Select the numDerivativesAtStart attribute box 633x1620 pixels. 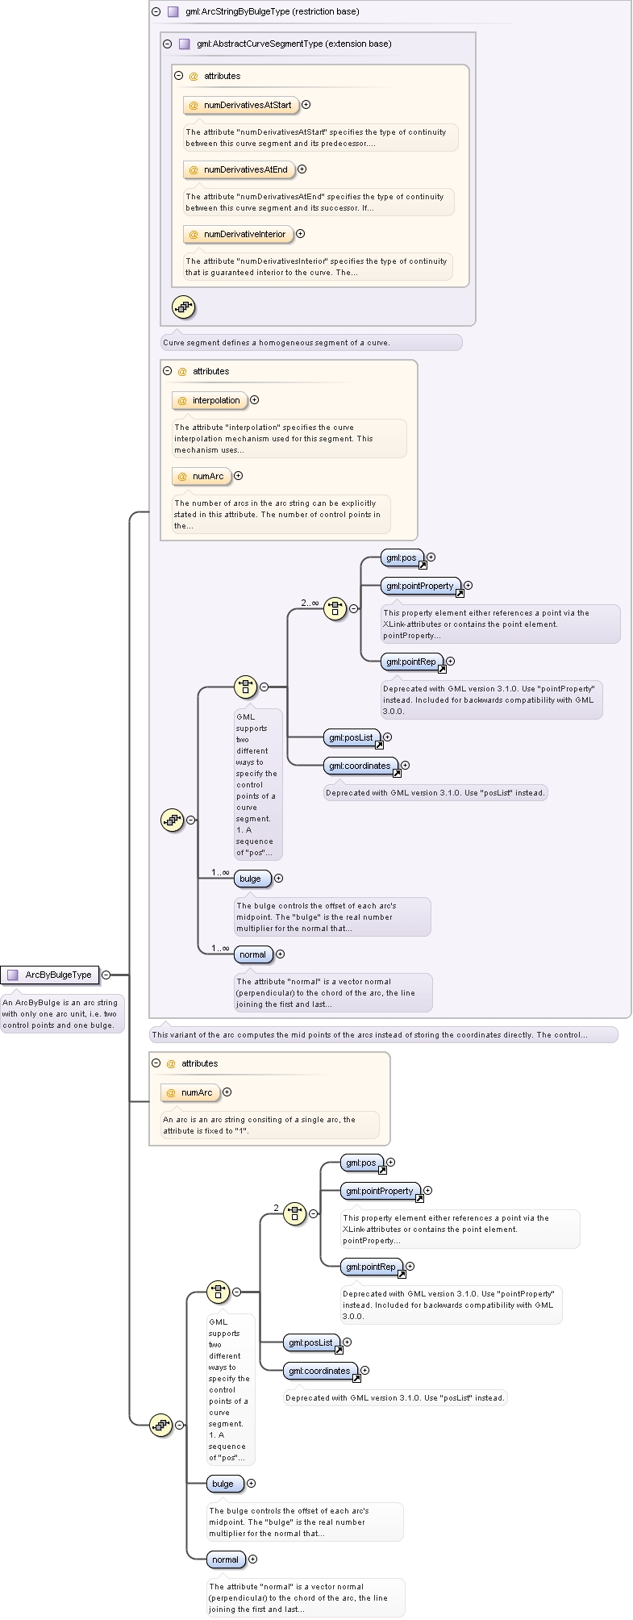coord(240,105)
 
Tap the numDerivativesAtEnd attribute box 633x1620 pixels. coord(239,169)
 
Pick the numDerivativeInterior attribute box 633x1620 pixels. coord(238,234)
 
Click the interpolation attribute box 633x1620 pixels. coord(210,400)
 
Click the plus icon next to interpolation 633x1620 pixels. coord(255,400)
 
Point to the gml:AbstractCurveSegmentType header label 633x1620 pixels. coord(294,44)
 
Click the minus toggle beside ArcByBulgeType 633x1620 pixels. coord(106,975)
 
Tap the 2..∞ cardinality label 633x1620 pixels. coord(310,603)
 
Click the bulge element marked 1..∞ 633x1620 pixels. coord(252,879)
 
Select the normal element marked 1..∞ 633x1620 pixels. coord(253,954)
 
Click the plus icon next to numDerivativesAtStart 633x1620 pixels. coord(306,105)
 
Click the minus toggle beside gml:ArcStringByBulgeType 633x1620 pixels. coord(156,12)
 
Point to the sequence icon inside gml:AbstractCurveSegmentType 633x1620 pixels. coord(184,307)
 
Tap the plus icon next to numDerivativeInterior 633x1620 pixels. coord(301,234)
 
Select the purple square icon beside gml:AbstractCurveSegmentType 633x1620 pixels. coord(184,44)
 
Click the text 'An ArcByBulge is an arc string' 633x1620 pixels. coord(60,1003)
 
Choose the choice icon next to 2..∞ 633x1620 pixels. coord(335,609)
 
